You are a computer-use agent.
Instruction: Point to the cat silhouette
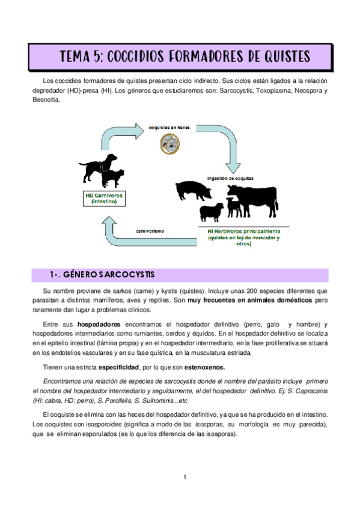tap(112, 178)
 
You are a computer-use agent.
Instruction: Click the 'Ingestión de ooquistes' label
tap(231, 178)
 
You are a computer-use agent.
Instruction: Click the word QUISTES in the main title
tap(278, 57)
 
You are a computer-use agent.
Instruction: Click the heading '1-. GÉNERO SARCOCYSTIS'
tap(102, 275)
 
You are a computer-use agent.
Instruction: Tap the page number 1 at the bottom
tap(186, 478)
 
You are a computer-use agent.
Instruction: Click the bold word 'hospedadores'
tap(99, 324)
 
